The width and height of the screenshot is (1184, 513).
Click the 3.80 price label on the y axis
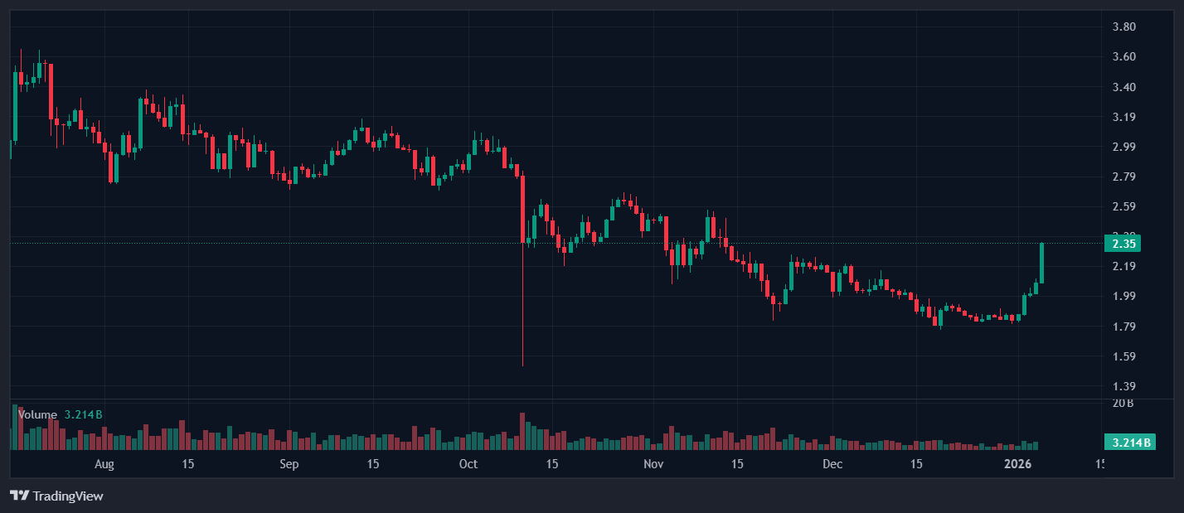(x=1123, y=27)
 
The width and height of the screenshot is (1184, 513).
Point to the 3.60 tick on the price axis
(x=1123, y=56)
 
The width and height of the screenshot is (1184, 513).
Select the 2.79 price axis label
(x=1123, y=177)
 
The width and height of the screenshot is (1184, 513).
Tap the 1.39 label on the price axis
(x=1123, y=386)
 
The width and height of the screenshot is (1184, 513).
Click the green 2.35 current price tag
(x=1123, y=243)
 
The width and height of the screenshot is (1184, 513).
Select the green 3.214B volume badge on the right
(x=1128, y=442)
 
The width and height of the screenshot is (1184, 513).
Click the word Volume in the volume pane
(x=37, y=414)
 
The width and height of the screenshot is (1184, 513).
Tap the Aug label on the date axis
(x=104, y=464)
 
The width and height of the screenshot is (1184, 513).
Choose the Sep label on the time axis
(x=289, y=464)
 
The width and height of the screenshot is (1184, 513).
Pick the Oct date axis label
(x=468, y=464)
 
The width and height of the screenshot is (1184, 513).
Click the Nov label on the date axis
(x=654, y=464)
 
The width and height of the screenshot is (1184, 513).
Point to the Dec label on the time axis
(x=832, y=464)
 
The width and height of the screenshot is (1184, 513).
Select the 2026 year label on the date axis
(x=1017, y=464)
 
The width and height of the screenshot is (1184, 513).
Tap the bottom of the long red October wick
(x=523, y=365)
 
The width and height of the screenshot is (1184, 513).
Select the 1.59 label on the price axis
(x=1123, y=356)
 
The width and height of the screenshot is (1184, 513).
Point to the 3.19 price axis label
(x=1123, y=117)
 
